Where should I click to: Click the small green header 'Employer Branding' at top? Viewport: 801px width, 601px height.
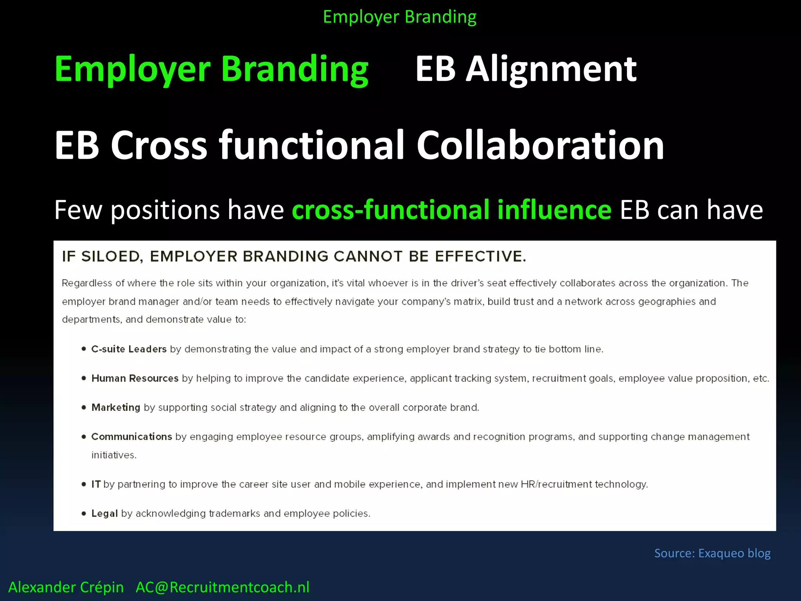point(399,17)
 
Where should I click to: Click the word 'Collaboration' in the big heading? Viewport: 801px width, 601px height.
point(540,145)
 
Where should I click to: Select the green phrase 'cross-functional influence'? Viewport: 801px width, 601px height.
point(451,210)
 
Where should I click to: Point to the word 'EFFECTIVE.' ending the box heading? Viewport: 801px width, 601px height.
point(481,257)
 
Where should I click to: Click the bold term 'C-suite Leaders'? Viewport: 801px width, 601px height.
point(129,349)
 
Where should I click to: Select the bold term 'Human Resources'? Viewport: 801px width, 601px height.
point(135,378)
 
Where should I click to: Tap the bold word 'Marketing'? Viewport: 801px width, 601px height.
point(116,408)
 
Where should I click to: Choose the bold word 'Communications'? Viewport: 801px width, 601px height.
point(131,437)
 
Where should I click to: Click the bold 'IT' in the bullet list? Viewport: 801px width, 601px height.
point(96,484)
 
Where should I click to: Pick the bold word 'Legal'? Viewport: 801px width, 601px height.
point(104,514)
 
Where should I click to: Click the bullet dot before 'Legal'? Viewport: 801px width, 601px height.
point(84,514)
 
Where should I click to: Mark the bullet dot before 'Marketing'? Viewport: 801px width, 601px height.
point(84,407)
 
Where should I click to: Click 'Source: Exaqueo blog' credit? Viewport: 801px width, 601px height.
point(712,553)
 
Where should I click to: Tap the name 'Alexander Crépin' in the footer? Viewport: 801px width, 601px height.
point(66,587)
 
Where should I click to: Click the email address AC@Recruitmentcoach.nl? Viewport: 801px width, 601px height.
point(222,587)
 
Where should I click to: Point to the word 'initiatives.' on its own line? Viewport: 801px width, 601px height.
point(114,455)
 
